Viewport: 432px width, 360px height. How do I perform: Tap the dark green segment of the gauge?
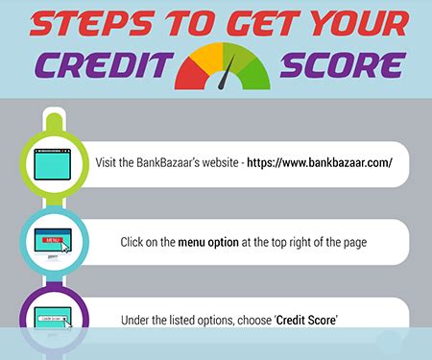click(252, 69)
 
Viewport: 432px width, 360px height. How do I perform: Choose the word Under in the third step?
click(135, 319)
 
